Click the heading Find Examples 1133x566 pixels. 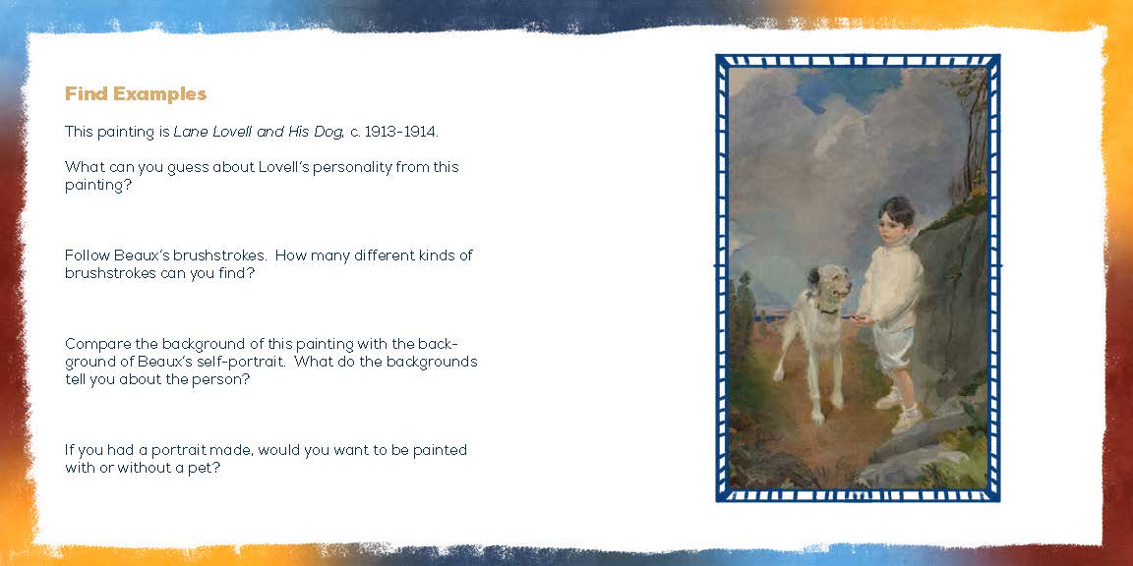click(x=136, y=94)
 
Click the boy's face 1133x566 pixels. click(x=890, y=227)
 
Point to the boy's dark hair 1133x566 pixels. click(x=896, y=210)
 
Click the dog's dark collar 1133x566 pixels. click(x=827, y=310)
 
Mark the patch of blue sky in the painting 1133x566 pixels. click(x=847, y=87)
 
